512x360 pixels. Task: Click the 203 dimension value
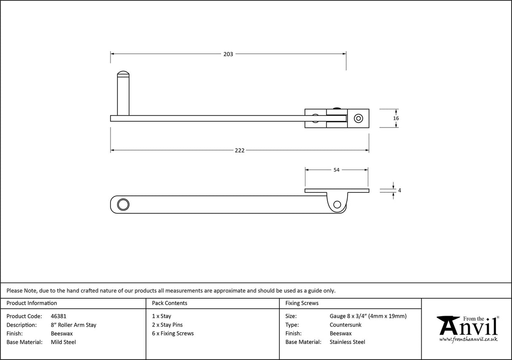[228, 54]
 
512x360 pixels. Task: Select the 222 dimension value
[240, 151]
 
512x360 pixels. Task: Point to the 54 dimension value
[337, 170]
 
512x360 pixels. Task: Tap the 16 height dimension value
[396, 119]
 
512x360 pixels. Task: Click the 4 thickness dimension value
[399, 190]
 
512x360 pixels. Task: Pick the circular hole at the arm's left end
[123, 204]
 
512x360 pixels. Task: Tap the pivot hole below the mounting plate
[337, 205]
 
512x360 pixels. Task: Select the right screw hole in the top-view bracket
[358, 118]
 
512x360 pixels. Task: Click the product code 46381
[58, 316]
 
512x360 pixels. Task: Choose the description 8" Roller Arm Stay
[73, 325]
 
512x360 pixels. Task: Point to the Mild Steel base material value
[63, 342]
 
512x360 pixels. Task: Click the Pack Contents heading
[170, 303]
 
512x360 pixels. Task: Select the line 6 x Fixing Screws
[173, 333]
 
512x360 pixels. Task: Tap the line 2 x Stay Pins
[167, 325]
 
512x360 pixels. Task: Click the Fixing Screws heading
[302, 303]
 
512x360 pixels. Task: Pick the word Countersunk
[345, 325]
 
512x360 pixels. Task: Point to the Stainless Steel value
[348, 342]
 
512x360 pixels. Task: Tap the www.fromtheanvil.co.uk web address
[468, 339]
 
